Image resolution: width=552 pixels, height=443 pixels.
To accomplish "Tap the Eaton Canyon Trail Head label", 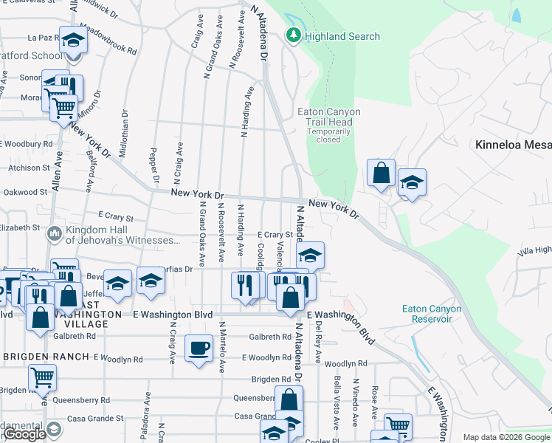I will pos(328,117).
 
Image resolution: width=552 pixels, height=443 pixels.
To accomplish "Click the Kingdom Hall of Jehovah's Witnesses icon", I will pos(54,235).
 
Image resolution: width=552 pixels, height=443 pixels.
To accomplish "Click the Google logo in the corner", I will pos(24,434).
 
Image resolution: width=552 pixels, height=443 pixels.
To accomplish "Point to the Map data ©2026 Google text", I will pos(506,437).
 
